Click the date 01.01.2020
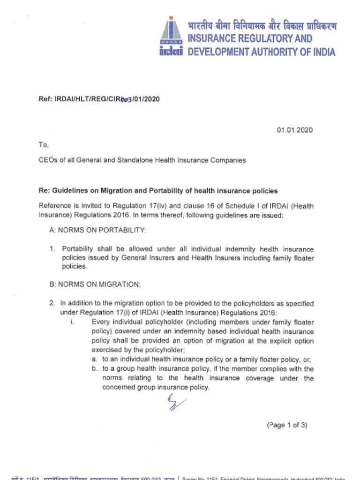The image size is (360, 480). coord(294,130)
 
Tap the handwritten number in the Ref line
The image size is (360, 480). coord(127,99)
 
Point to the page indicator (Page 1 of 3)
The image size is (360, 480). coord(287,425)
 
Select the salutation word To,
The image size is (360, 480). coord(44,145)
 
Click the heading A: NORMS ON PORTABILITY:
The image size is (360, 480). coord(98,231)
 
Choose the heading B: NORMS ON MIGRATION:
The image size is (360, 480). coord(95,285)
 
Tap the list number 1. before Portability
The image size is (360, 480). coord(52,249)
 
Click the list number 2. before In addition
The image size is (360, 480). coord(52,303)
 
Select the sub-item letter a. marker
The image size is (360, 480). coord(95,360)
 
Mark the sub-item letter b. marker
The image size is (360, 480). coord(95,369)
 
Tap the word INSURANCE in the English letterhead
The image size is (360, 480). coord(214,38)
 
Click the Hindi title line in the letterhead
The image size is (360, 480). coord(262,26)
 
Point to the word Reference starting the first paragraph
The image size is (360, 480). coord(54,206)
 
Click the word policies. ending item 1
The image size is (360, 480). coord(74,266)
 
